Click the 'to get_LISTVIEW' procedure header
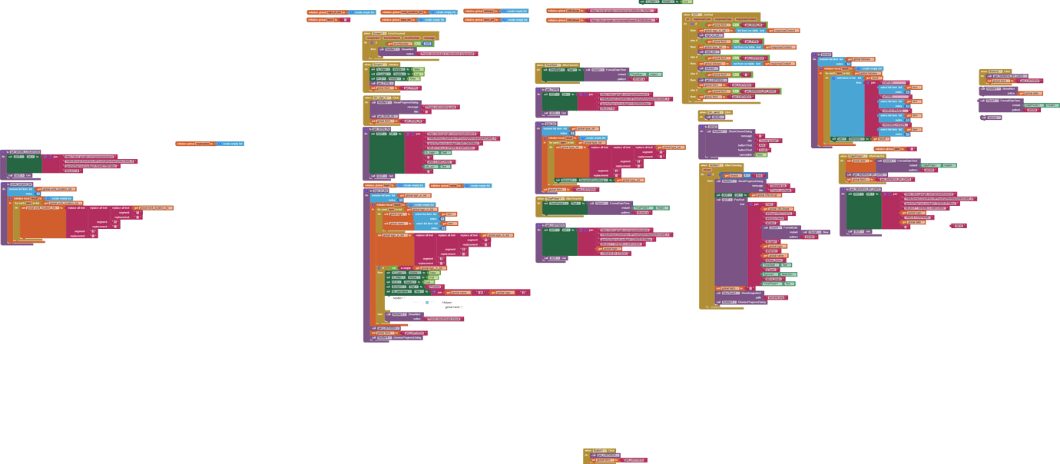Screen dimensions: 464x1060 pyautogui.click(x=553, y=225)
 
